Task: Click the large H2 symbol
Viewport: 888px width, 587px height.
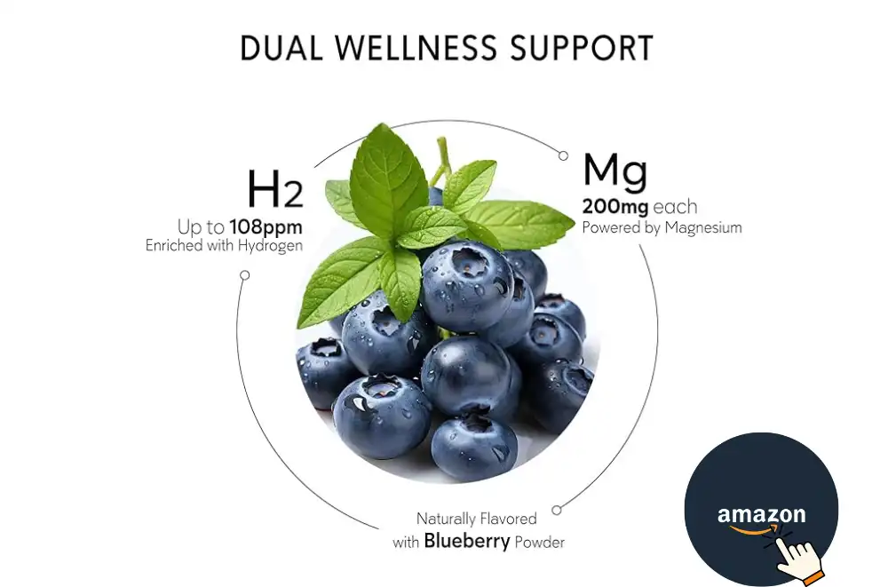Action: pyautogui.click(x=274, y=189)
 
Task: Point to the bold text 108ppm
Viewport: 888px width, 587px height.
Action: pyautogui.click(x=266, y=227)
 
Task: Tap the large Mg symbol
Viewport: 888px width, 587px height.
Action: pyautogui.click(x=614, y=174)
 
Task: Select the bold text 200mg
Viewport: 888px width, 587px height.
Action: pyautogui.click(x=614, y=208)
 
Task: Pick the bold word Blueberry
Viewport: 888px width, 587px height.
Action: pyautogui.click(x=466, y=541)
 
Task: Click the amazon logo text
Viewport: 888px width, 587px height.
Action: pyautogui.click(x=761, y=514)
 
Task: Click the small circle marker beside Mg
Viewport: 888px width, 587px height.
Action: pyautogui.click(x=563, y=155)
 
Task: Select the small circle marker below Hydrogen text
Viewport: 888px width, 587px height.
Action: pyautogui.click(x=245, y=275)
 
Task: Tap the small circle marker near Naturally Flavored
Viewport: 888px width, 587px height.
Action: pyautogui.click(x=557, y=510)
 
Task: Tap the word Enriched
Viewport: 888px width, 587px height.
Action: pyautogui.click(x=174, y=246)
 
